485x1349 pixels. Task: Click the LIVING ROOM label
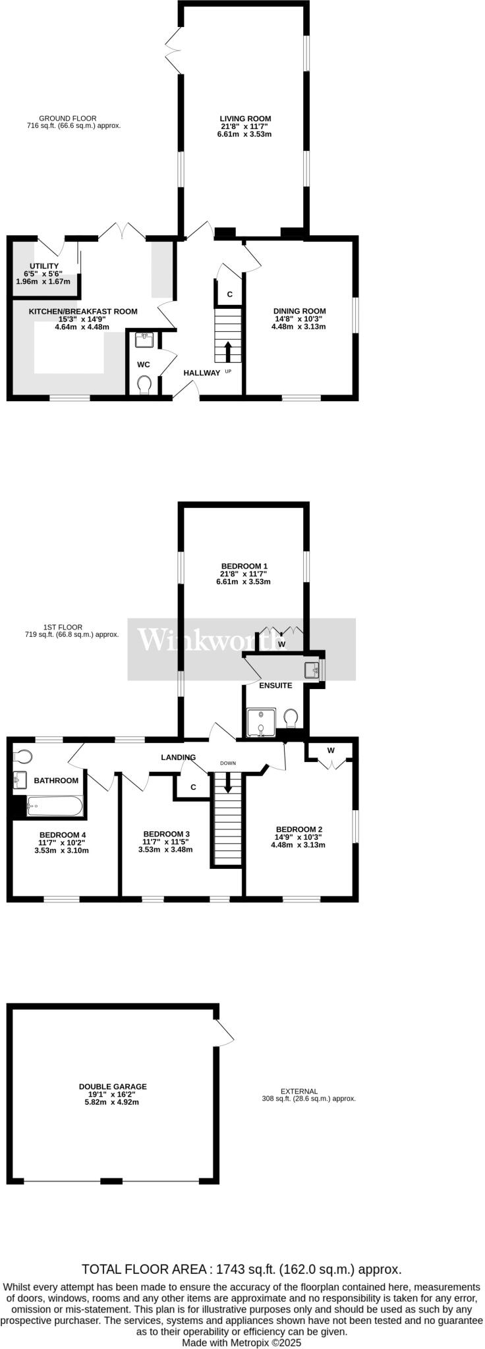[245, 119]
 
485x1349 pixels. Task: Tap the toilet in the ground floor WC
[145, 384]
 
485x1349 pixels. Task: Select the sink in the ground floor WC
[144, 340]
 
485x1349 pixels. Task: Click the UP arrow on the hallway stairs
[228, 352]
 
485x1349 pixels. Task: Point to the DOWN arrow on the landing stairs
[228, 783]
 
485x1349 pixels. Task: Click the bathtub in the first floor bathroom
[54, 805]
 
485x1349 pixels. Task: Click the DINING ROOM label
[300, 312]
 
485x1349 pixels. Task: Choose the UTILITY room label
[44, 266]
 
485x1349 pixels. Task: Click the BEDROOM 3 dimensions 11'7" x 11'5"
[165, 842]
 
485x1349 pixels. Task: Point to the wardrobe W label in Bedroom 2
[331, 750]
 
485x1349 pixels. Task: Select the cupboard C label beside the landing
[193, 787]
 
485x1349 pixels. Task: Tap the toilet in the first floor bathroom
[23, 756]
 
